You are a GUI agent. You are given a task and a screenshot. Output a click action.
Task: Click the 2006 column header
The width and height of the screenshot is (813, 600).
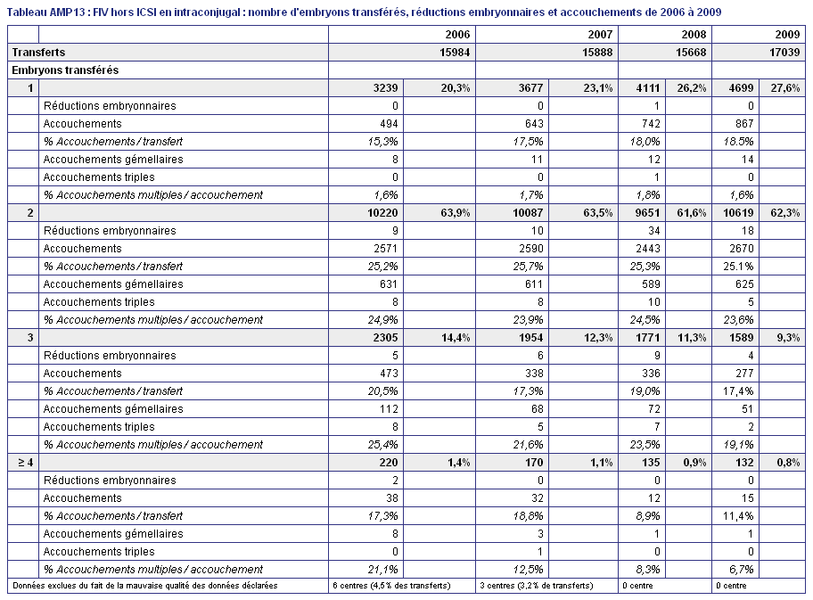pyautogui.click(x=457, y=35)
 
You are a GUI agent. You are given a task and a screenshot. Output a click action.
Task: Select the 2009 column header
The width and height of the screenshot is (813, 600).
pyautogui.click(x=787, y=35)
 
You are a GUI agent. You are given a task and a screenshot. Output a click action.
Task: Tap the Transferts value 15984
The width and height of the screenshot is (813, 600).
pyautogui.click(x=455, y=53)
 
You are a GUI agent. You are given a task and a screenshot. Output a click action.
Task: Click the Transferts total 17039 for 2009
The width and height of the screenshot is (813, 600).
pyautogui.click(x=784, y=53)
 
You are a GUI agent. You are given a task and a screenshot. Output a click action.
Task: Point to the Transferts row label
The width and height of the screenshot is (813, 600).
pyautogui.click(x=38, y=53)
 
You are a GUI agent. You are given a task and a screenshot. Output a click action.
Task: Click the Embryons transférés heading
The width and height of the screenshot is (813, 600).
pyautogui.click(x=65, y=70)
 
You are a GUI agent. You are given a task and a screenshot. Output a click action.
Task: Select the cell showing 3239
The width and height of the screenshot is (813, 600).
pyautogui.click(x=386, y=88)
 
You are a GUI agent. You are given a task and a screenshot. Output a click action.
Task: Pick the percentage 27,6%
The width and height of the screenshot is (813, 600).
pyautogui.click(x=785, y=88)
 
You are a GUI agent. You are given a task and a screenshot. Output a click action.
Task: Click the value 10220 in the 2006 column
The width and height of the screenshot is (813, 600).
pyautogui.click(x=382, y=212)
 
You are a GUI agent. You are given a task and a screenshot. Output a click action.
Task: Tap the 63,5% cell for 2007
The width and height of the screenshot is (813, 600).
pyautogui.click(x=598, y=212)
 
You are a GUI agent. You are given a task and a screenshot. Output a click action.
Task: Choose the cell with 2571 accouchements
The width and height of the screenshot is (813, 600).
pyautogui.click(x=386, y=249)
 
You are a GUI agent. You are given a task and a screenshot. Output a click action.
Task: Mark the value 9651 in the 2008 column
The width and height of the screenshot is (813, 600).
pyautogui.click(x=648, y=212)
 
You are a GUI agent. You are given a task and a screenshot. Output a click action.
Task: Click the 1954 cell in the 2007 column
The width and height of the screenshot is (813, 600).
pyautogui.click(x=531, y=338)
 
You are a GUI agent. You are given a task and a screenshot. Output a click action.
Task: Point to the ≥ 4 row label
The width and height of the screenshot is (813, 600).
pyautogui.click(x=25, y=463)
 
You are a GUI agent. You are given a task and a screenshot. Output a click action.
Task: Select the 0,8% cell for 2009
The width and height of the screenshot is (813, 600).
pyautogui.click(x=788, y=463)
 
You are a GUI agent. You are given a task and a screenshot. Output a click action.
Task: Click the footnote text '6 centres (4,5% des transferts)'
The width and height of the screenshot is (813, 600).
pyautogui.click(x=391, y=586)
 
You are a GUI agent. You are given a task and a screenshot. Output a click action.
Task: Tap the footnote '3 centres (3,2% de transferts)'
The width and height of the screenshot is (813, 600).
pyautogui.click(x=536, y=586)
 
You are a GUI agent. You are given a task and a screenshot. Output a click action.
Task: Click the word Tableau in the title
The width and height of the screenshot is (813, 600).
pyautogui.click(x=27, y=12)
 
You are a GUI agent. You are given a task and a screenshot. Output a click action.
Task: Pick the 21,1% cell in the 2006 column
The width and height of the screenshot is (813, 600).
pyautogui.click(x=383, y=570)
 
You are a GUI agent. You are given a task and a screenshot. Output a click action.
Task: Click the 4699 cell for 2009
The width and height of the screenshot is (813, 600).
pyautogui.click(x=742, y=88)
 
